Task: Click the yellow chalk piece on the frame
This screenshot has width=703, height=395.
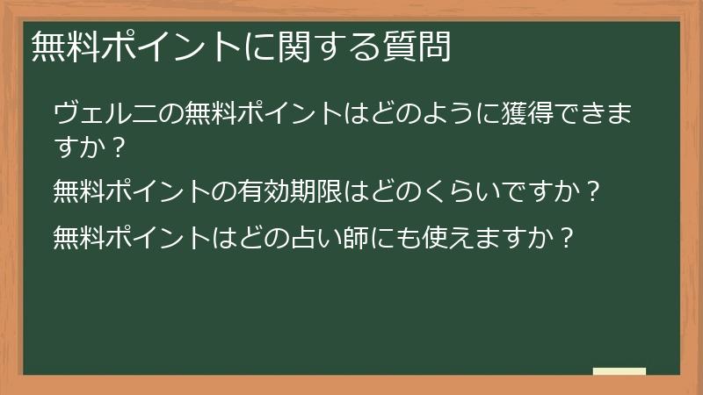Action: coord(619,372)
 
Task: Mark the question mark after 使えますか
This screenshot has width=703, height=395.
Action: coord(568,236)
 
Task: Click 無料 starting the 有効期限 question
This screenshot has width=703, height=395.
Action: coord(79,189)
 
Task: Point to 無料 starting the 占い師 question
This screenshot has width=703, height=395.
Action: coord(79,236)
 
